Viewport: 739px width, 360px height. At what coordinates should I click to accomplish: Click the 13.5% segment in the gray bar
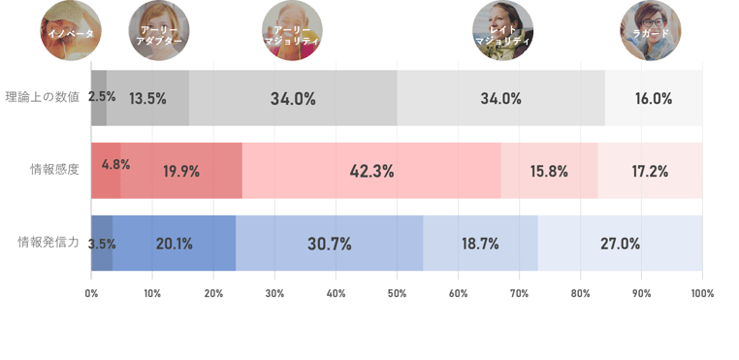click(147, 98)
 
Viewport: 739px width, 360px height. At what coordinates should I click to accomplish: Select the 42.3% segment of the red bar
click(371, 171)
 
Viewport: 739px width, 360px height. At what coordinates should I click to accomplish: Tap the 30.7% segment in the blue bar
click(330, 244)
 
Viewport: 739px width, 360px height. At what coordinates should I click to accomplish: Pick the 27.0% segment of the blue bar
click(621, 244)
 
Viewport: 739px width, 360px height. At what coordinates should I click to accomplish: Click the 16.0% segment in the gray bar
click(654, 98)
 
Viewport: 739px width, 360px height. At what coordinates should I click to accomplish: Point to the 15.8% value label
click(549, 172)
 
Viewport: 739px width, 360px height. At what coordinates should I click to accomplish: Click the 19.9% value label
click(181, 172)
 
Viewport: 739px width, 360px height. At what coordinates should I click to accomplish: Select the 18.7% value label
click(480, 244)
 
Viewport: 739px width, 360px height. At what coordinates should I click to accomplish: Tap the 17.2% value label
click(650, 172)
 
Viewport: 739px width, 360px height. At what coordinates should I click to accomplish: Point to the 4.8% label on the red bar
click(116, 165)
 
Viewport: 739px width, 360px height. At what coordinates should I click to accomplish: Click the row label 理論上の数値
click(43, 97)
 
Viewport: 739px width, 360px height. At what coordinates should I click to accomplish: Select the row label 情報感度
click(54, 170)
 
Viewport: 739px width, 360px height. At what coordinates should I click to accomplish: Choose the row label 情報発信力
click(48, 243)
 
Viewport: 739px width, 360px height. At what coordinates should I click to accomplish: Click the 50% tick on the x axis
click(397, 293)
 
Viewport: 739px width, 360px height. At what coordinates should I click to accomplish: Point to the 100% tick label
click(703, 293)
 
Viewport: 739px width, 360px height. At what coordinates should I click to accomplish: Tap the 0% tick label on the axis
click(91, 293)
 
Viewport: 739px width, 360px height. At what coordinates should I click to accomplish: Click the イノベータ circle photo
click(71, 30)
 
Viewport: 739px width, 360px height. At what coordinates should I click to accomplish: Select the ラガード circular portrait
click(651, 30)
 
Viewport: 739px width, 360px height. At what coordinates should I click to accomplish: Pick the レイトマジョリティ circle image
click(503, 30)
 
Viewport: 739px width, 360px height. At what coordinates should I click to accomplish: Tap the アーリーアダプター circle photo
click(159, 30)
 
